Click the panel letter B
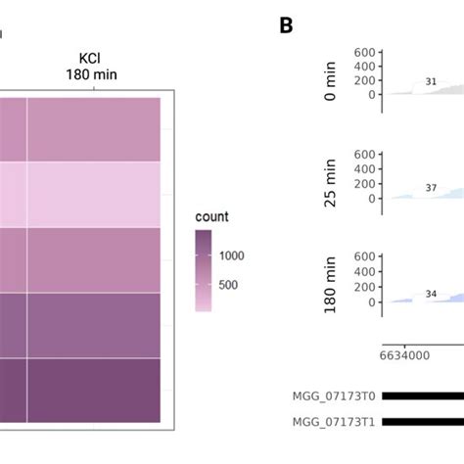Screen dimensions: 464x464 [x=286, y=25]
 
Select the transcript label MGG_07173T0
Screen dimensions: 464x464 [x=334, y=395]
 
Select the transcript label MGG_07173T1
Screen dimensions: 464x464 [x=334, y=422]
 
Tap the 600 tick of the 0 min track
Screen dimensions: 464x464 [x=364, y=52]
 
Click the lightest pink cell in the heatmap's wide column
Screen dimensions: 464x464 [x=93, y=194]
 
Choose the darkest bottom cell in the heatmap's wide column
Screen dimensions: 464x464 [x=93, y=391]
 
